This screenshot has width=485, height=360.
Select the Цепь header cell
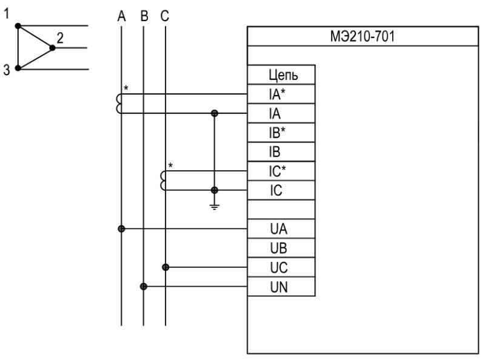point(281,75)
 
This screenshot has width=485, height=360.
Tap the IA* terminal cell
point(281,94)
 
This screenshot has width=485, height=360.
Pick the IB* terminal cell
point(281,132)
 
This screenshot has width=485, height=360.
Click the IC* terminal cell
point(281,171)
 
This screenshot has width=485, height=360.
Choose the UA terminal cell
point(281,229)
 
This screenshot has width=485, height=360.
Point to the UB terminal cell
point(281,248)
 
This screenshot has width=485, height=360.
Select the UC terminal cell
point(281,267)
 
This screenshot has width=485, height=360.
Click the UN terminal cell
point(281,287)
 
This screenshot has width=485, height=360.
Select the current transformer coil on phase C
point(163,181)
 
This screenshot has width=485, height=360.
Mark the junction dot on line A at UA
point(121,229)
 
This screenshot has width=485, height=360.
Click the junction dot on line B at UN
point(144,287)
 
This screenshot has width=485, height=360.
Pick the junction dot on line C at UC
point(166,267)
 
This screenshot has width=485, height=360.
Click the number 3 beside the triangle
point(7,70)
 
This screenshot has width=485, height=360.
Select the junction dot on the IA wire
point(214,113)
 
